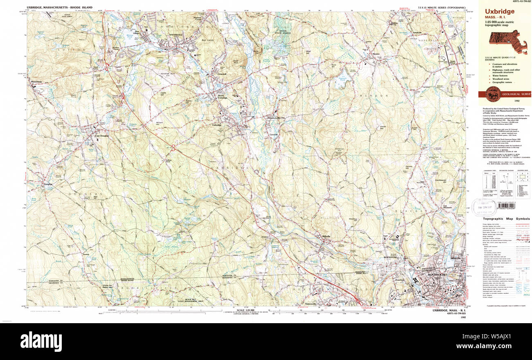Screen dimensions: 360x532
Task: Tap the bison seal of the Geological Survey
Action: (491, 94)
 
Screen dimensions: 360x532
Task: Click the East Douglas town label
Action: (101, 136)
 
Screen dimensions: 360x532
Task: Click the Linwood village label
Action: (221, 74)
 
